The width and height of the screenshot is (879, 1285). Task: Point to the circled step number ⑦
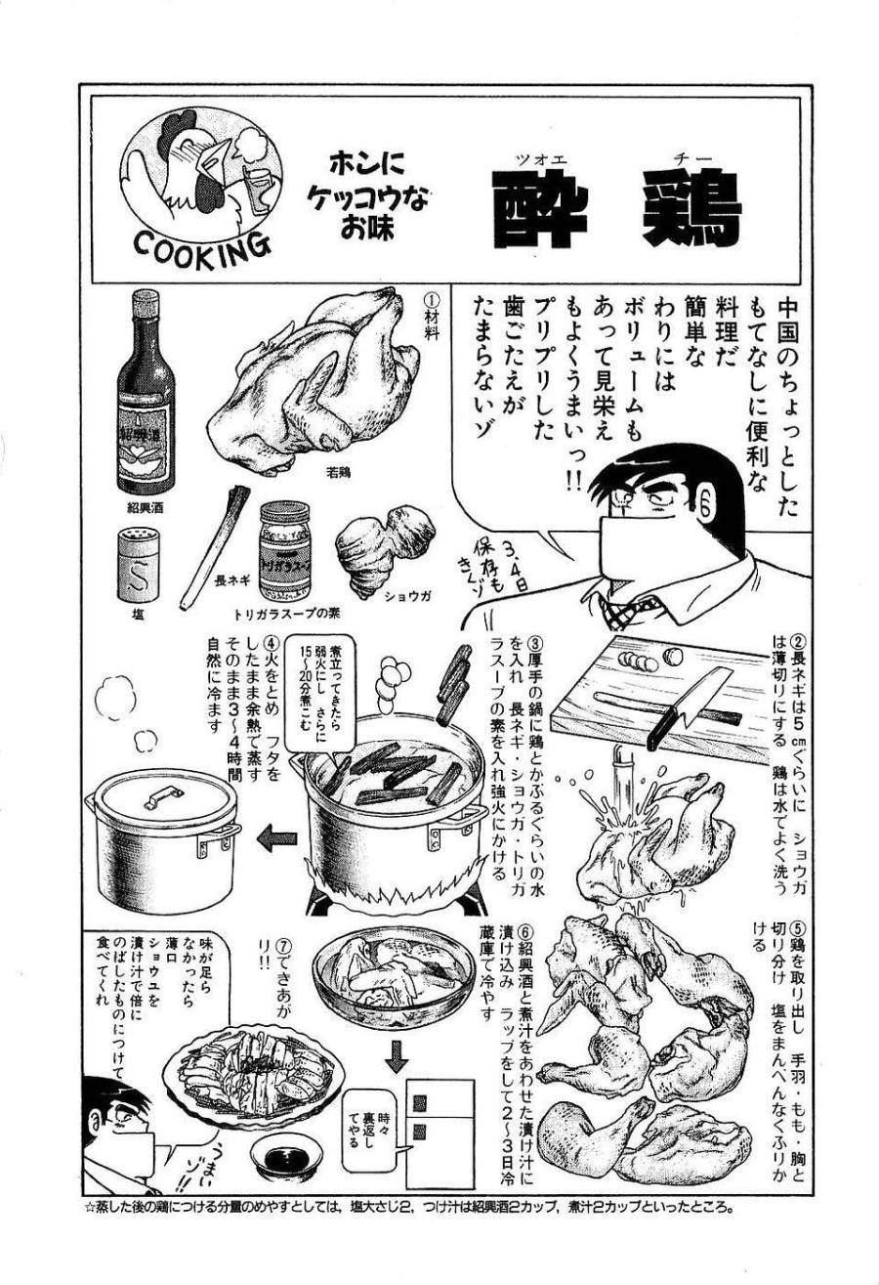point(283,947)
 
